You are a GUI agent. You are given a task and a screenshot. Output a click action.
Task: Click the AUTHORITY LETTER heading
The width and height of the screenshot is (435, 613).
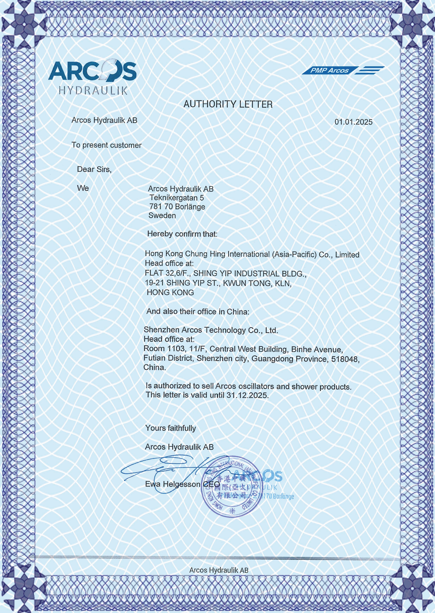228,104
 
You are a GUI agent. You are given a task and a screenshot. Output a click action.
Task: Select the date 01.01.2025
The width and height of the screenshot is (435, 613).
353,122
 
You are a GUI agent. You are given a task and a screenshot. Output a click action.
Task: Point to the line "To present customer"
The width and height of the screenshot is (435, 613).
106,145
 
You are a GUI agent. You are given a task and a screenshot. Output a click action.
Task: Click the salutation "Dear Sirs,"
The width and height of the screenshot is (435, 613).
94,169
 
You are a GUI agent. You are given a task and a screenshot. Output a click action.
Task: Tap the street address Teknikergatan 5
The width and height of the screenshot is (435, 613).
177,198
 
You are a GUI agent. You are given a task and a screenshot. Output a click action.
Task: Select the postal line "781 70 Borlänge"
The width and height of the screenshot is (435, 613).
177,207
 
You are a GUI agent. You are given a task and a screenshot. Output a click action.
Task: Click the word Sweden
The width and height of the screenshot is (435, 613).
162,215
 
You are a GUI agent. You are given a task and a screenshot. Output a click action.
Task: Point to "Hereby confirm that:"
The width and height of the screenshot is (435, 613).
182,234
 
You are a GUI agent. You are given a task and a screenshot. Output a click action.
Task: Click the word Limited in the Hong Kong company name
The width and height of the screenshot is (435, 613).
347,255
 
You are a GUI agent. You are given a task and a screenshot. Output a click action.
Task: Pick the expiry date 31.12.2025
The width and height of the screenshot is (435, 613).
247,395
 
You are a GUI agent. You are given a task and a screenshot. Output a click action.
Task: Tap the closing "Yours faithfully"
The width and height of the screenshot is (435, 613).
170,428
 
